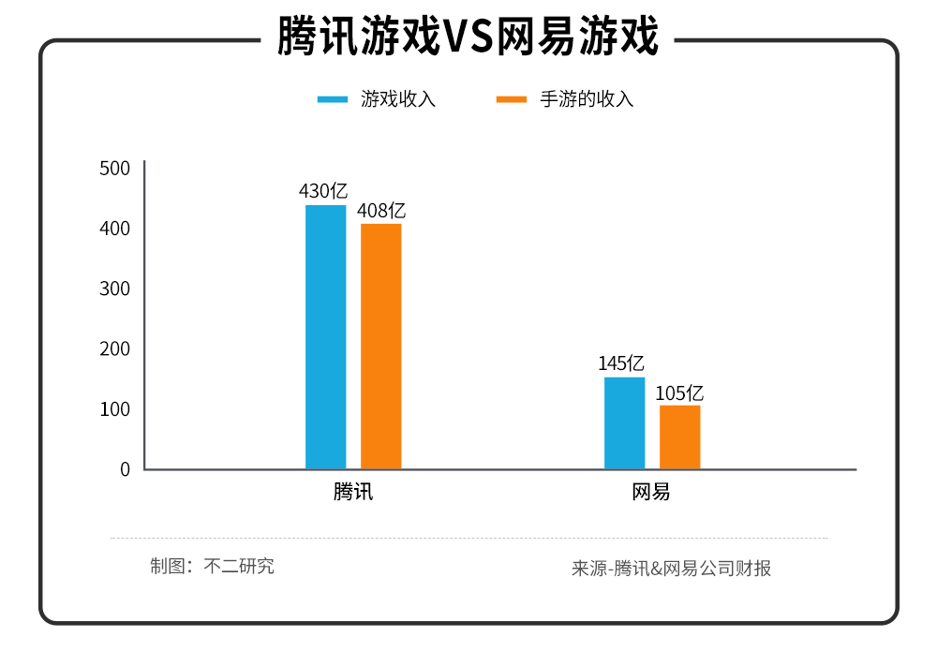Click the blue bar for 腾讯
pyautogui.click(x=325, y=337)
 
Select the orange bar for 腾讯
pyautogui.click(x=380, y=347)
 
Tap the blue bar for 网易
pyautogui.click(x=624, y=422)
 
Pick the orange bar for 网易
pyautogui.click(x=679, y=437)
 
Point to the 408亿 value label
pyautogui.click(x=381, y=211)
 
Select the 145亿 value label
pyautogui.click(x=621, y=363)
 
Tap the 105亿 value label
pyautogui.click(x=679, y=392)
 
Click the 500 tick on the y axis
pyautogui.click(x=114, y=169)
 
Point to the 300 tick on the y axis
pyautogui.click(x=114, y=289)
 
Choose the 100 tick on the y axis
pyautogui.click(x=114, y=409)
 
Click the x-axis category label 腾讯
pyautogui.click(x=353, y=492)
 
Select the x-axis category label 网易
pyautogui.click(x=651, y=492)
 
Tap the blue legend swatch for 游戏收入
pyautogui.click(x=333, y=99)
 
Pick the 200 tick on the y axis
pyautogui.click(x=114, y=348)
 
